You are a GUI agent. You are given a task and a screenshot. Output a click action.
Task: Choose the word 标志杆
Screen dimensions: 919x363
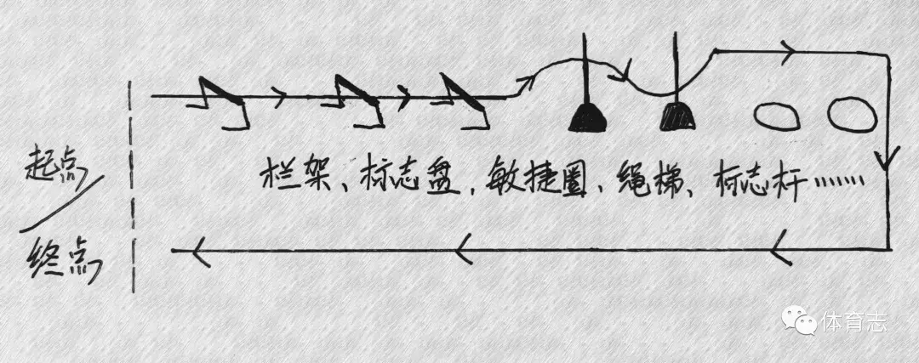click(x=749, y=179)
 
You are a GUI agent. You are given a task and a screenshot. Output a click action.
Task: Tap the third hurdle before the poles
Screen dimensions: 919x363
click(x=459, y=102)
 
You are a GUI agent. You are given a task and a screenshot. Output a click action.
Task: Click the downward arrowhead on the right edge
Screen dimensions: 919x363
click(x=888, y=158)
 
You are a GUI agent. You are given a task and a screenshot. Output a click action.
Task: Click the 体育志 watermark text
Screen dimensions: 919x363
click(x=854, y=323)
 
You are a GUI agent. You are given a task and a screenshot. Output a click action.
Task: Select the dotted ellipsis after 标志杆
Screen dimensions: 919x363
click(x=843, y=181)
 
